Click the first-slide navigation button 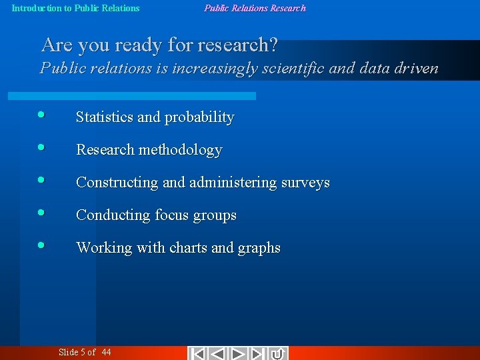(x=198, y=353)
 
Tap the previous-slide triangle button (x=218, y=353)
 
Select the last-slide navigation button (x=259, y=353)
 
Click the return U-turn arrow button (x=279, y=353)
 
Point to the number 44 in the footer (x=107, y=352)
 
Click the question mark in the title (x=272, y=45)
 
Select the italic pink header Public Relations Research (x=255, y=9)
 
